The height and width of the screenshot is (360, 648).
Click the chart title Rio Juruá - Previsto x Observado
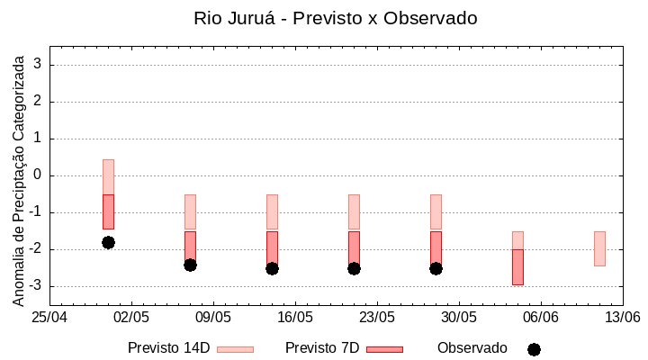[336, 18]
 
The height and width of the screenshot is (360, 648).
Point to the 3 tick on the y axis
[39, 65]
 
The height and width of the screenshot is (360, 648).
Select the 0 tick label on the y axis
[39, 175]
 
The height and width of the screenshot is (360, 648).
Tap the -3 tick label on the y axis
[36, 286]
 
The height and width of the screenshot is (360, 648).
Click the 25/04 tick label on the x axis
[49, 318]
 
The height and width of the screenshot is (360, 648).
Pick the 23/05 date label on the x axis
[377, 318]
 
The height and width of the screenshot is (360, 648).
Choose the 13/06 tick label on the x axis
[623, 318]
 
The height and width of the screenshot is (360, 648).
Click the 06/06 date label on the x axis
[541, 318]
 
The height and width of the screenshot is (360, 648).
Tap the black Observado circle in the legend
[534, 349]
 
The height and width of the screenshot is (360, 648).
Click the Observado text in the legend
[472, 348]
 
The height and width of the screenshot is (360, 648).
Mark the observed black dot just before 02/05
[108, 242]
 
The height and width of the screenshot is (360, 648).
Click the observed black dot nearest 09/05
[190, 265]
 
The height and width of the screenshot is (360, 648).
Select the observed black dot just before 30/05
[436, 268]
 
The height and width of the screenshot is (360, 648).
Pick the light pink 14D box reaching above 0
[108, 176]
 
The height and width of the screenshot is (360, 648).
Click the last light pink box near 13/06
[599, 248]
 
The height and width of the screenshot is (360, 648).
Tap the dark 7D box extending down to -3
[517, 267]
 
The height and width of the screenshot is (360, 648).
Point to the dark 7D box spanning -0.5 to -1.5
[108, 212]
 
